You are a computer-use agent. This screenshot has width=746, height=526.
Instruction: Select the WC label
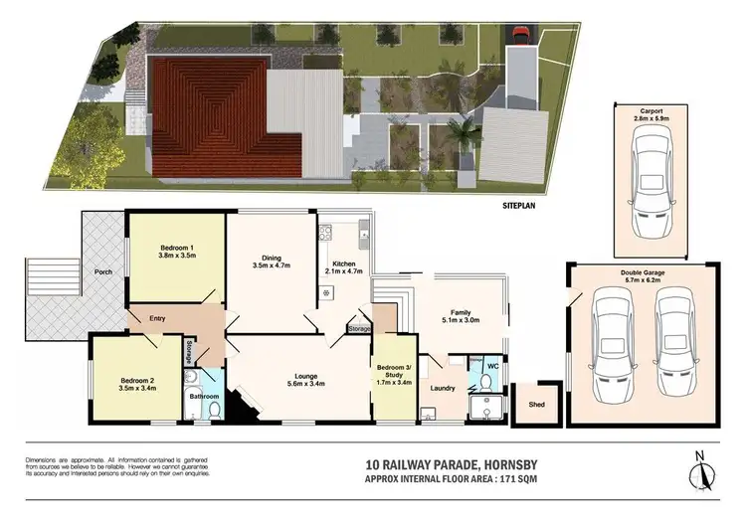pos(490,365)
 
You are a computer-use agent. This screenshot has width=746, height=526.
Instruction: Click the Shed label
pos(536,405)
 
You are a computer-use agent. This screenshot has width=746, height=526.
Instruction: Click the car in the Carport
pos(651,184)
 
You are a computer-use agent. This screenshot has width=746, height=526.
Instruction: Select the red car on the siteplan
pos(518,37)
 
